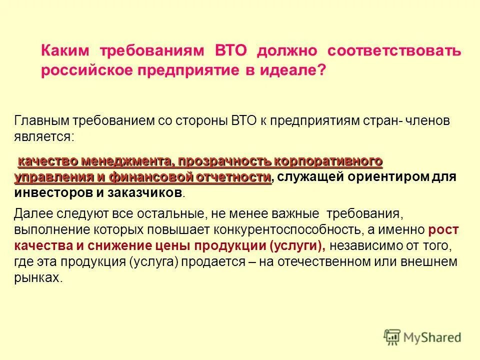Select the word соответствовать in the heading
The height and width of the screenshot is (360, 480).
[394, 51]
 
